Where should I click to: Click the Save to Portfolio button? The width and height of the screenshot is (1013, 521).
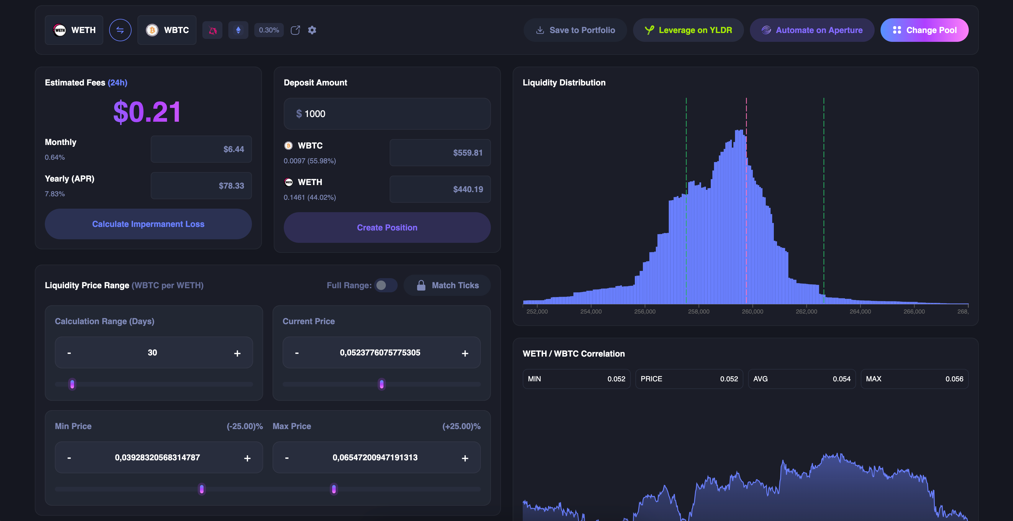(575, 30)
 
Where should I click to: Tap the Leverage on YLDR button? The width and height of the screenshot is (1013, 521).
(688, 30)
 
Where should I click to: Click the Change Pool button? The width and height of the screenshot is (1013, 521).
(924, 30)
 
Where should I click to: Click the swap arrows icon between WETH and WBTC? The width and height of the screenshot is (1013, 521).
(120, 30)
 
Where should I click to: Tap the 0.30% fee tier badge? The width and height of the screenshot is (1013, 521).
(269, 30)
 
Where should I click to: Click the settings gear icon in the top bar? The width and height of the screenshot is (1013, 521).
(312, 30)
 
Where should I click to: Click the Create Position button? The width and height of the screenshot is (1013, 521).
(387, 227)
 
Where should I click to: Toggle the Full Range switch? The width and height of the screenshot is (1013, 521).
(385, 285)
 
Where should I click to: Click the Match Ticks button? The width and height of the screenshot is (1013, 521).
(447, 285)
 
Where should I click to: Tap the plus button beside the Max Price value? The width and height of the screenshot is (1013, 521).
(465, 458)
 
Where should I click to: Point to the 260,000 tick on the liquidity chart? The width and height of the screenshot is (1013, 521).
(752, 311)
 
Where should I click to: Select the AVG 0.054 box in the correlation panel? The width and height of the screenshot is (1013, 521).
(801, 379)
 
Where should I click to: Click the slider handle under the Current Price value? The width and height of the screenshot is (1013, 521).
(381, 384)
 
